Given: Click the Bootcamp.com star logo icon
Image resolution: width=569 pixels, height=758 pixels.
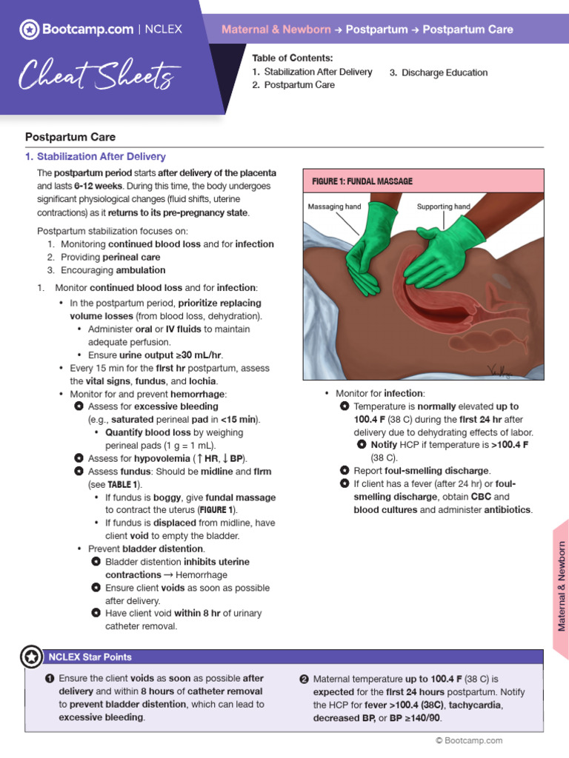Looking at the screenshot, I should [x=29, y=30].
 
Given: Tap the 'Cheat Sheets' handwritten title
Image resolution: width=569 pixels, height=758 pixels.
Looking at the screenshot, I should [x=98, y=75].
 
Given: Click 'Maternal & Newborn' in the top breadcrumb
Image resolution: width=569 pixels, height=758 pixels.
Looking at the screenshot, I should [x=276, y=30].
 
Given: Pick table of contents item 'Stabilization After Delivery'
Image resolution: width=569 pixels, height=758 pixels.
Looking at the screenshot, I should [x=318, y=72].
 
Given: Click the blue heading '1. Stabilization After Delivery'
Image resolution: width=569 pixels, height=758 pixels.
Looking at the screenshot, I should [x=96, y=157].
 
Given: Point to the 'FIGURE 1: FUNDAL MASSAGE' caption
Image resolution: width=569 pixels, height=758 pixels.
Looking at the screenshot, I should [x=362, y=181].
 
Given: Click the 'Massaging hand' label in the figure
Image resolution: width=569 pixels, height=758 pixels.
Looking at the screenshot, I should [x=335, y=207].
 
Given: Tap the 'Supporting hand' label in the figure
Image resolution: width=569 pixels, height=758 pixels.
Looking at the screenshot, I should [x=443, y=207].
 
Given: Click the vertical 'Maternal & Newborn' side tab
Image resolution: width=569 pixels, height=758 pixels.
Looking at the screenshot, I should [x=561, y=576].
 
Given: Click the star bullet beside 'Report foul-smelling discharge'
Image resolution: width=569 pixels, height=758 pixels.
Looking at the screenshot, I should [x=345, y=470].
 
